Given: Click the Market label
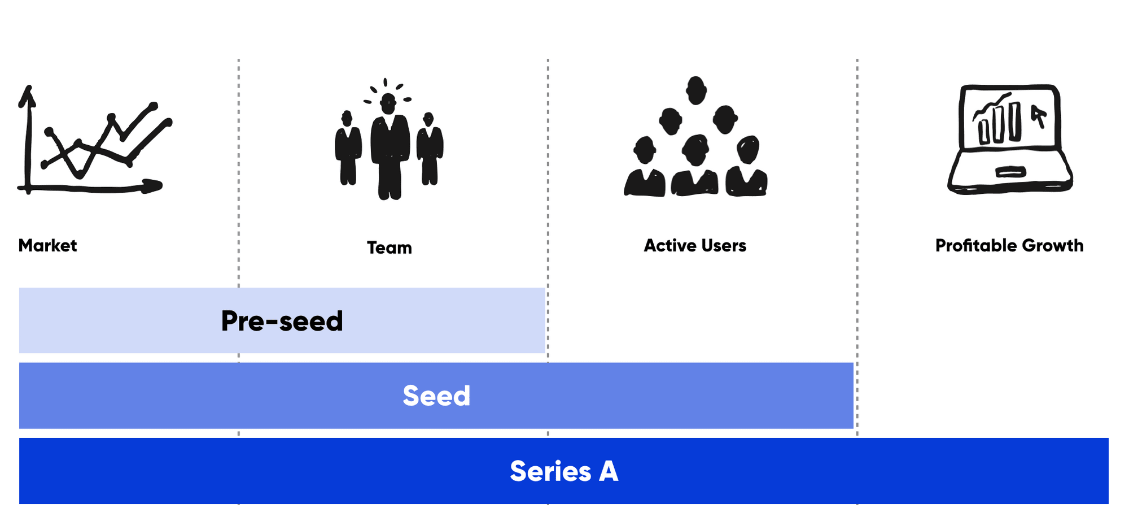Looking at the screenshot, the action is tap(47, 245).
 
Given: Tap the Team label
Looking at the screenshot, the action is tap(390, 248).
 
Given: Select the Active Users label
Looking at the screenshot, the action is tap(695, 245).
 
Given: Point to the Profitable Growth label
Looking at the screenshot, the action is tap(1009, 245).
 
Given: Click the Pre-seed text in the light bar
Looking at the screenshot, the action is tap(282, 321).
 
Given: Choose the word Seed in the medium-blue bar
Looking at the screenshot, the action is tap(436, 396).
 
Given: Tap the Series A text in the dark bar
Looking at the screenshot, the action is tap(564, 471).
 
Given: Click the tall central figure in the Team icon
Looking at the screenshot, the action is tap(390, 146).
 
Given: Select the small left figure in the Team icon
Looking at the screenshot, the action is tap(348, 148).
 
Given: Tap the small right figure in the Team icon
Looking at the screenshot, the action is tap(430, 149).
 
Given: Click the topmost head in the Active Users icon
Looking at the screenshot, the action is tap(696, 90).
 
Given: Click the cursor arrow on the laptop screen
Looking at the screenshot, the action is tap(1039, 116).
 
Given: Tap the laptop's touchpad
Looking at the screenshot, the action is tap(1010, 171).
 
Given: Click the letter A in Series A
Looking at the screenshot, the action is tap(609, 471).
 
